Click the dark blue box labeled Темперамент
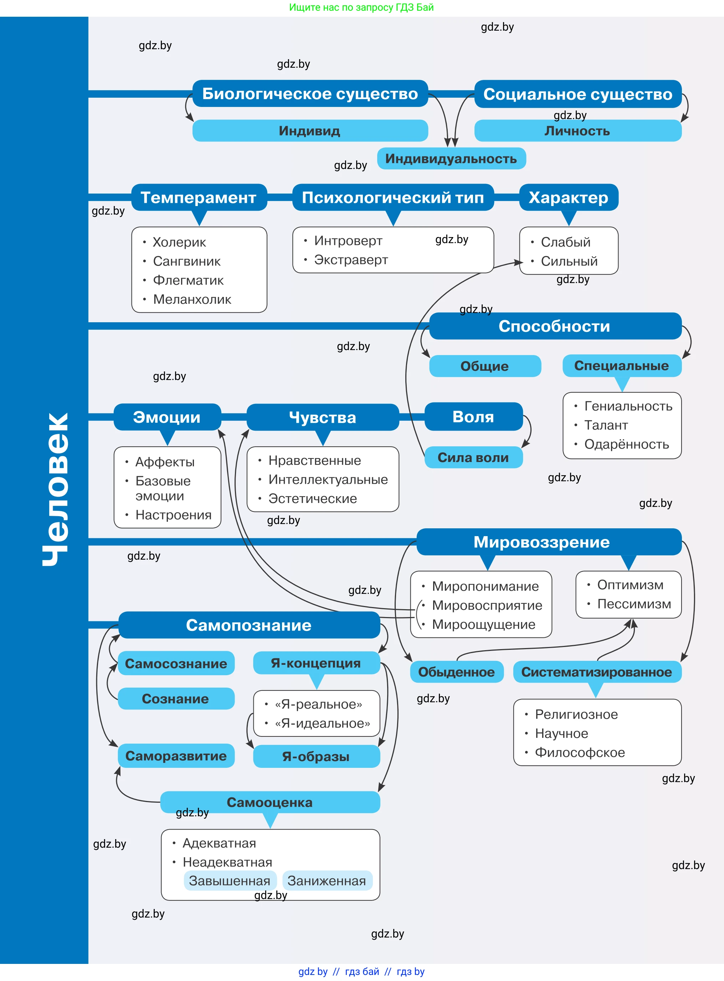pyautogui.click(x=199, y=197)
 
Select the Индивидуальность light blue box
pyautogui.click(x=451, y=159)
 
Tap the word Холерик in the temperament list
pyautogui.click(x=179, y=242)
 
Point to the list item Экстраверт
pyautogui.click(x=351, y=260)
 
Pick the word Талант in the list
pyautogui.click(x=606, y=425)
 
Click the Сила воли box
pyautogui.click(x=474, y=457)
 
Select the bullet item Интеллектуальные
pyautogui.click(x=328, y=479)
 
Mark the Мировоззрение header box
pyautogui.click(x=549, y=542)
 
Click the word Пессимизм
pyautogui.click(x=634, y=604)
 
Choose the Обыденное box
pyautogui.click(x=457, y=672)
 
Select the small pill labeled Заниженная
pyautogui.click(x=327, y=881)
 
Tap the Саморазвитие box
pyautogui.click(x=176, y=756)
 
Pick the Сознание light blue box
pyautogui.click(x=176, y=698)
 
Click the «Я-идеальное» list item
pyautogui.click(x=323, y=723)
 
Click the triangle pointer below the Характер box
pyautogui.click(x=569, y=218)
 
